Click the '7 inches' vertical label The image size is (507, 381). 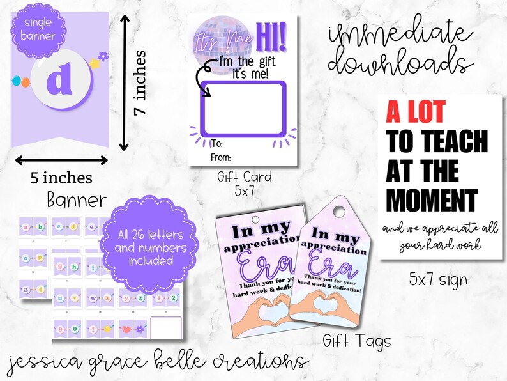[x=142, y=82]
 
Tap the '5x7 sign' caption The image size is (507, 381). [x=438, y=279]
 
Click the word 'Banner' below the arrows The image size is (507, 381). [x=77, y=200]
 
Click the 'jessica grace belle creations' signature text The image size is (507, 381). [x=155, y=361]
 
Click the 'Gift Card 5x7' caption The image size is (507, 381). [x=244, y=182]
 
